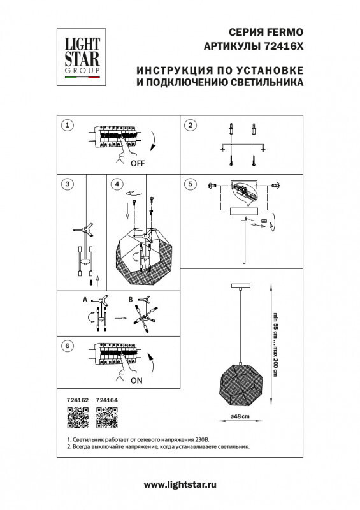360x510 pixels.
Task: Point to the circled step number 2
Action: pyautogui.click(x=189, y=125)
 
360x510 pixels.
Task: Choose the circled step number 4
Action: pyautogui.click(x=116, y=184)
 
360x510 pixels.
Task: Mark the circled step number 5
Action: pyautogui.click(x=189, y=184)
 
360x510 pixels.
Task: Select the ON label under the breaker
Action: pyautogui.click(x=137, y=384)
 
